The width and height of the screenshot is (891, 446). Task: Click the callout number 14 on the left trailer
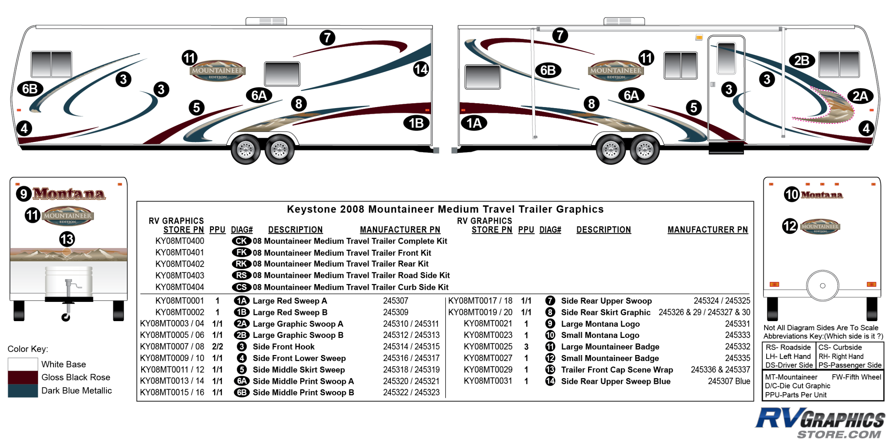tap(421, 69)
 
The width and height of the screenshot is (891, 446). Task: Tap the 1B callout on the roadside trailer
tap(416, 123)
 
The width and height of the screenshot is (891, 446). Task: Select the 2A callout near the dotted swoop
tap(860, 96)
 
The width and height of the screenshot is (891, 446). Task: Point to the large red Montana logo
tap(69, 194)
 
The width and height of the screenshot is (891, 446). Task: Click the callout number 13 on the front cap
tap(67, 239)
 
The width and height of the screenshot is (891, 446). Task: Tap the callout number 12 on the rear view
tap(790, 226)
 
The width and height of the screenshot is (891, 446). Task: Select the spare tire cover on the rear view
tap(823, 285)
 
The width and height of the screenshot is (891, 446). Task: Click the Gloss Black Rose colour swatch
tap(23, 377)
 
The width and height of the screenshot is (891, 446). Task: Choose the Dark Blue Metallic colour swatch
tap(23, 391)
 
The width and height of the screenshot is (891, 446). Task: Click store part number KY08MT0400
tap(180, 241)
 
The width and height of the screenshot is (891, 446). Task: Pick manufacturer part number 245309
tap(396, 312)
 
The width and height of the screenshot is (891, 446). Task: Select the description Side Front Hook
tap(284, 347)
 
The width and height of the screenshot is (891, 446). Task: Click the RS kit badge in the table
tap(241, 275)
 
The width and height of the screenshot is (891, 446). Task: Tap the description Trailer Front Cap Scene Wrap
tap(617, 370)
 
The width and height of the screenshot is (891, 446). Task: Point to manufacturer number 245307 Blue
tap(729, 381)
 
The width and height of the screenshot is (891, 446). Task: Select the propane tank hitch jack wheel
tap(66, 317)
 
